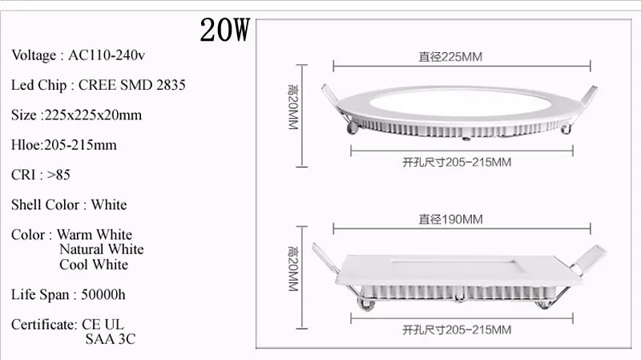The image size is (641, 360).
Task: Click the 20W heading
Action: [x=224, y=30]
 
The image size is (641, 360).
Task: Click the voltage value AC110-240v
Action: [x=107, y=55]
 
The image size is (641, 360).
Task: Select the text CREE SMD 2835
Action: [x=131, y=85]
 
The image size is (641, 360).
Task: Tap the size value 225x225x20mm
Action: [x=93, y=115]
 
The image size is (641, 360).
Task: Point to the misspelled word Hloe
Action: [x=26, y=145]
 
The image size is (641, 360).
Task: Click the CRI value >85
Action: [x=58, y=175]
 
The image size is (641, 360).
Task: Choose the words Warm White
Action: [x=95, y=234]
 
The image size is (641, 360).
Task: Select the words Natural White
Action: [x=102, y=249]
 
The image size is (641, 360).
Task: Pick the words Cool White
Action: [x=94, y=265]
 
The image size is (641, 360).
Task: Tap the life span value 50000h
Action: [x=103, y=294]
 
